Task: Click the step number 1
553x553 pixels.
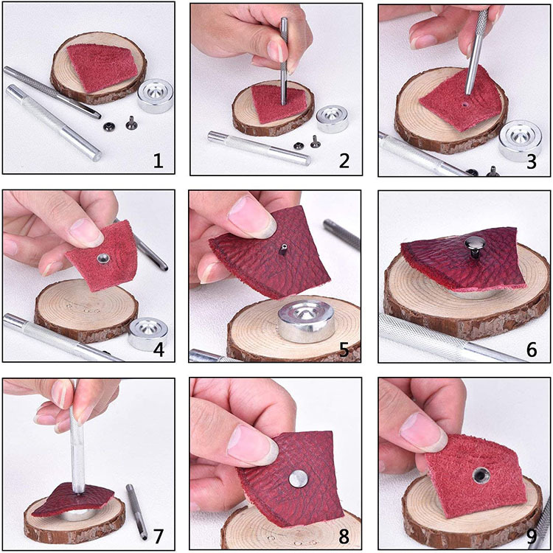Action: (x=158, y=161)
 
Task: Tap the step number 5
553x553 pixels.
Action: (x=344, y=349)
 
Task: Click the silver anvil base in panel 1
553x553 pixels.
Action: (x=155, y=96)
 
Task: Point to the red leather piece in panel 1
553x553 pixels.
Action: (x=102, y=68)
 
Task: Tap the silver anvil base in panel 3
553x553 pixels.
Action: (x=521, y=141)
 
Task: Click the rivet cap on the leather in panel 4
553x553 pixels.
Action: (x=103, y=260)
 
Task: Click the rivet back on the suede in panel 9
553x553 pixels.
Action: (x=480, y=476)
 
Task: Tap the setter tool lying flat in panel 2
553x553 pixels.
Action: (x=260, y=148)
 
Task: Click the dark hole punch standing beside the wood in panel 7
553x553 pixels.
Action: (x=137, y=512)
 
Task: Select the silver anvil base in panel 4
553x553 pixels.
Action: (x=147, y=333)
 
